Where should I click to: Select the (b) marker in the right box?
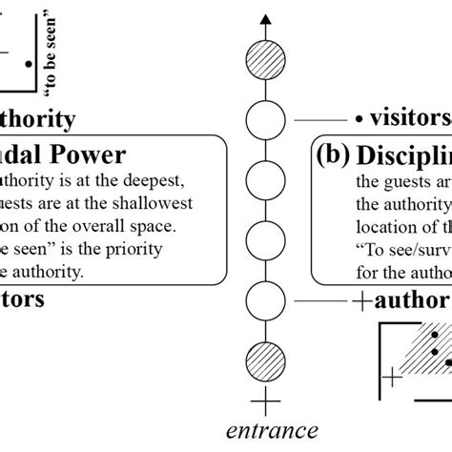pyautogui.click(x=336, y=156)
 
